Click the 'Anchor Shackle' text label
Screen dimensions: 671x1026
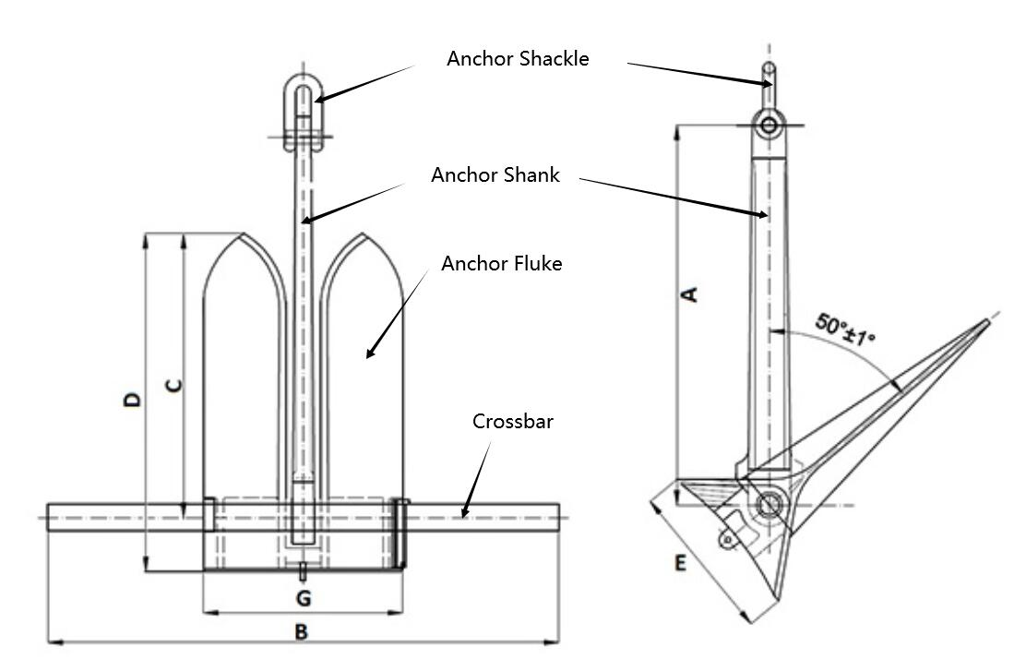click(518, 58)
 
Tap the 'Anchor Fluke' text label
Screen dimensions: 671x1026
click(501, 264)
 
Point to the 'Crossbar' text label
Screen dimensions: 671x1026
click(513, 422)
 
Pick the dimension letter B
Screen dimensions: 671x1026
click(301, 632)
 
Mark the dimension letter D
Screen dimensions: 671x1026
click(135, 399)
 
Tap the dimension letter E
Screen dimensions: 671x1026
click(680, 563)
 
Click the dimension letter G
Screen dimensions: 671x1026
click(303, 598)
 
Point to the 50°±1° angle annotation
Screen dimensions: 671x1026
click(844, 330)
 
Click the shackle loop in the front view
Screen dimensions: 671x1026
click(303, 92)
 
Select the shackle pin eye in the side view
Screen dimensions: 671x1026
click(769, 125)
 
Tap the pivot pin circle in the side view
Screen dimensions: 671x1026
click(768, 503)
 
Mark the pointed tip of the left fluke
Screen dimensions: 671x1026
click(242, 234)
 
